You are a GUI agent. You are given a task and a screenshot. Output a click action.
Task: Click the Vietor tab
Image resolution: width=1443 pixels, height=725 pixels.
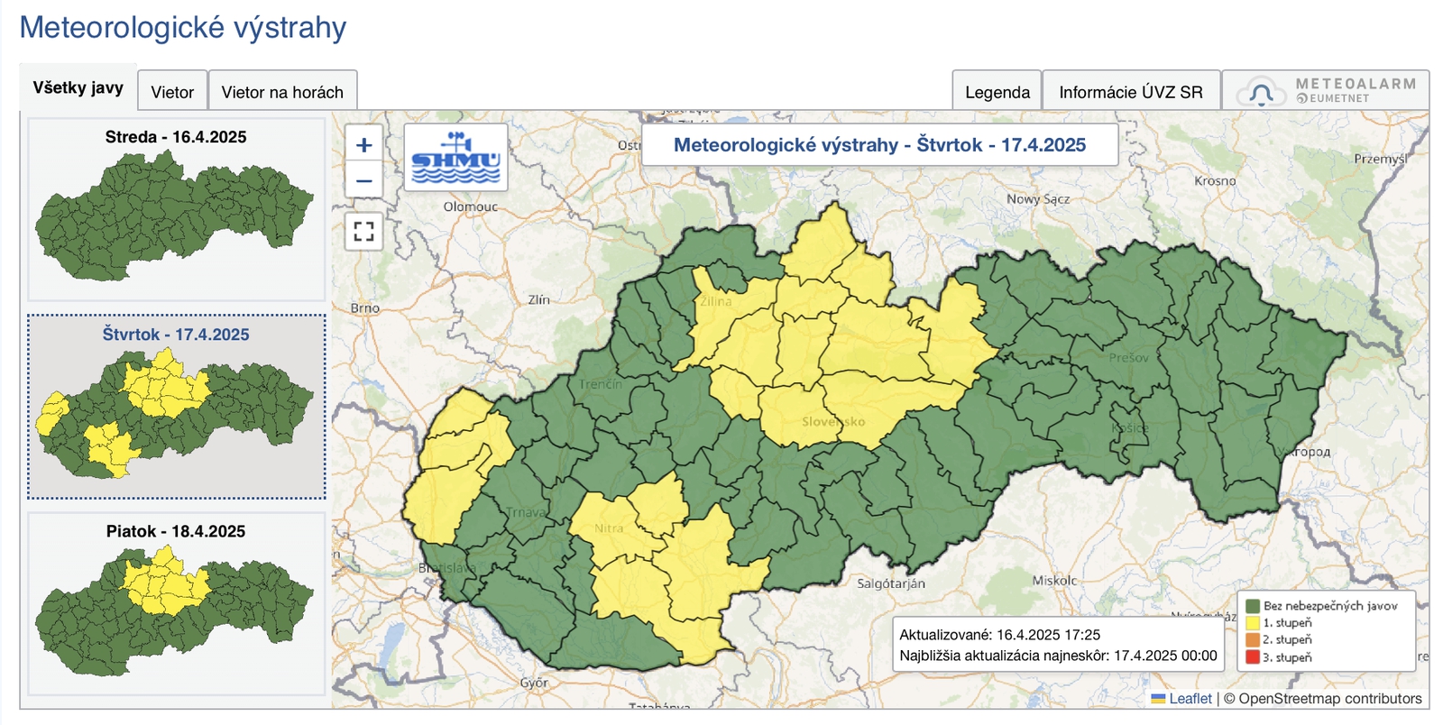click(x=172, y=92)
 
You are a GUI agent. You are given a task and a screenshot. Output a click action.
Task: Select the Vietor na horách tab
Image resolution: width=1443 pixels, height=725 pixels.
click(x=282, y=92)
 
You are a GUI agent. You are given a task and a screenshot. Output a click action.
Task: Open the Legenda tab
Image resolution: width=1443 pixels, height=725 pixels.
click(x=997, y=92)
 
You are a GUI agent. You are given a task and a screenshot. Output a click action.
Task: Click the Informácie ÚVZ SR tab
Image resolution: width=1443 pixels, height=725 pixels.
click(x=1130, y=92)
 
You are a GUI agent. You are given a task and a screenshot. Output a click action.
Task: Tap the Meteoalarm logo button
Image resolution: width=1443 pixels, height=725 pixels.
click(x=1326, y=90)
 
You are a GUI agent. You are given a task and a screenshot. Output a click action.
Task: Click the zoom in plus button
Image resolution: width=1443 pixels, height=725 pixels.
click(x=364, y=144)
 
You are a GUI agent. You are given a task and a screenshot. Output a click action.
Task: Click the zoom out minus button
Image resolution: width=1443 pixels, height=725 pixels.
click(x=364, y=180)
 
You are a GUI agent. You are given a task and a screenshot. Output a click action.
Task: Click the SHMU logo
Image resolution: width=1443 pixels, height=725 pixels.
click(x=455, y=158)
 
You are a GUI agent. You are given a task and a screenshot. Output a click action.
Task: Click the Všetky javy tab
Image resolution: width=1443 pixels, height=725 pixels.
click(x=78, y=87)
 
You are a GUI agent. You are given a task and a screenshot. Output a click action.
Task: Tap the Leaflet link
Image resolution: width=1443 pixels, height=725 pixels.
click(x=1190, y=698)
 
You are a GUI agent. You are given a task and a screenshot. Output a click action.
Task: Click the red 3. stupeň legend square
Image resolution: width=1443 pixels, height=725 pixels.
click(x=1252, y=656)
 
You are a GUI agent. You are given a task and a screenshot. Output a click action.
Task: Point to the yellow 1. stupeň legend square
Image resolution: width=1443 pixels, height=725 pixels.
click(x=1252, y=622)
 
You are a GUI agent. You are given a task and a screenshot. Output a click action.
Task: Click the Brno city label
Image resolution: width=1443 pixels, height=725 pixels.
click(x=365, y=307)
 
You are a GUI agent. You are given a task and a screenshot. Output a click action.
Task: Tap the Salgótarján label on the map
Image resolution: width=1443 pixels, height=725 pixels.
click(x=891, y=583)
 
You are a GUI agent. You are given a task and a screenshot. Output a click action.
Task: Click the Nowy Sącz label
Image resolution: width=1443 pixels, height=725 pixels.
click(x=1038, y=198)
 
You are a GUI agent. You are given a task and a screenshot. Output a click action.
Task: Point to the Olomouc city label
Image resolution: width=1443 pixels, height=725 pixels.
click(x=470, y=206)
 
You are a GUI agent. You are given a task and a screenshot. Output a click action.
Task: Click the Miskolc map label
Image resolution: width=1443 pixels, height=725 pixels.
click(x=1054, y=581)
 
